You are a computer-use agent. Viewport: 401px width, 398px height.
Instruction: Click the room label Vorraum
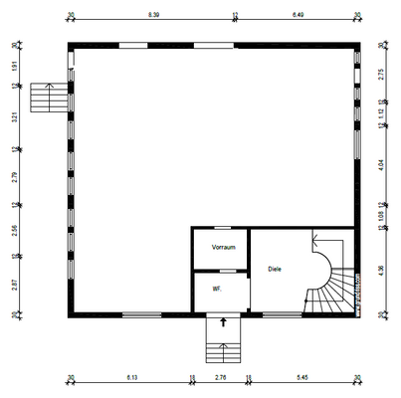point(223,247)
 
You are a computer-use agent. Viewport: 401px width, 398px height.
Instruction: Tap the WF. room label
point(215,289)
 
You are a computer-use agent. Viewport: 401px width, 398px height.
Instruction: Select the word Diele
point(276,269)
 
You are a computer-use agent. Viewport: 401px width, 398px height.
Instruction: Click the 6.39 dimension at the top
point(153,16)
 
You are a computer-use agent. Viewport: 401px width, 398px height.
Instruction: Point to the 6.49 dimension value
point(298,16)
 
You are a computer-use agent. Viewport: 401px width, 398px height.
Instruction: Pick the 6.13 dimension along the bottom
point(131,378)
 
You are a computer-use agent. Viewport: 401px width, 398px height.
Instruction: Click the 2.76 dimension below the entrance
point(221,378)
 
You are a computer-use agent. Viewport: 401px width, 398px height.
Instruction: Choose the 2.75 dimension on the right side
point(382,73)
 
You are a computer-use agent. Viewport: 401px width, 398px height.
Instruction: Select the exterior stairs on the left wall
point(47,99)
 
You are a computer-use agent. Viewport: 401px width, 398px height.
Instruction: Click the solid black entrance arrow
point(222,322)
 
